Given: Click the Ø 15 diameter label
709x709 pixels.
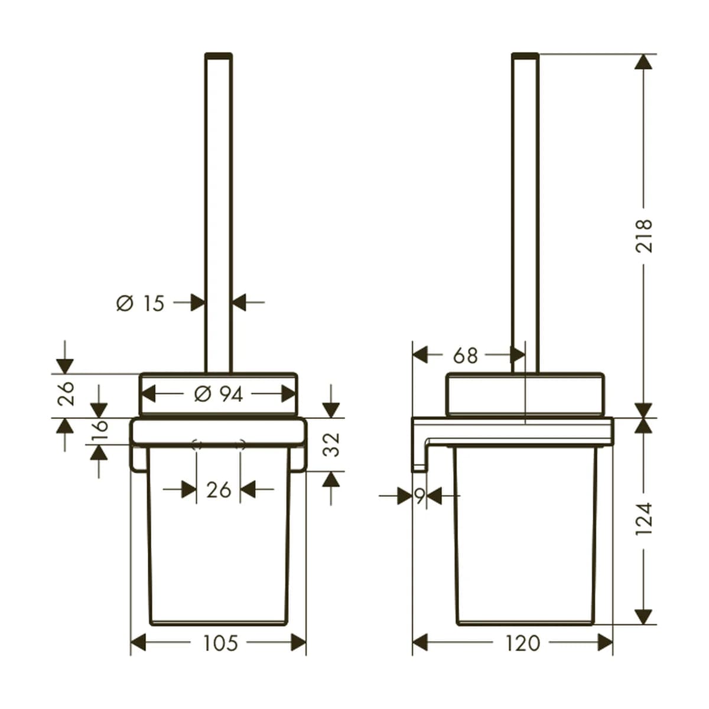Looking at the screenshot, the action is pyautogui.click(x=140, y=304).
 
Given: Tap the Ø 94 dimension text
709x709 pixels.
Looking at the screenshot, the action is pyautogui.click(x=218, y=395).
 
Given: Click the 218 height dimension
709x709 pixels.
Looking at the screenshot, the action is pyautogui.click(x=644, y=236).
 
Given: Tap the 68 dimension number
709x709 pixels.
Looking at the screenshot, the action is pyautogui.click(x=466, y=356).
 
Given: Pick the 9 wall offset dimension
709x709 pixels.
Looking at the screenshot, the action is pyautogui.click(x=420, y=497).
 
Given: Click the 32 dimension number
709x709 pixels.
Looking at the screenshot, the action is pyautogui.click(x=331, y=445).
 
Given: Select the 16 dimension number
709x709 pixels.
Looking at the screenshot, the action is pyautogui.click(x=99, y=430).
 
